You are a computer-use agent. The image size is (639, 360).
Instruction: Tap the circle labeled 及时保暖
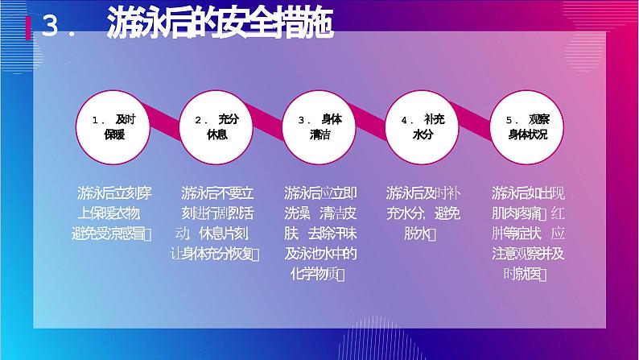pyautogui.click(x=114, y=127)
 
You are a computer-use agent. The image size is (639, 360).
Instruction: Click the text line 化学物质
pyautogui.click(x=319, y=275)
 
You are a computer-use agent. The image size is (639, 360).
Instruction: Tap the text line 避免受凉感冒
pyautogui.click(x=113, y=234)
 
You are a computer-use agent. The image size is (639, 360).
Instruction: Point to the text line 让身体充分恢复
pyautogui.click(x=216, y=254)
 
